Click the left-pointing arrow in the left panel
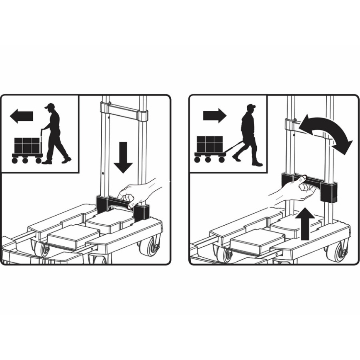pyautogui.click(x=21, y=116)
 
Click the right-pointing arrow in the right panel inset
pyautogui.click(x=214, y=115)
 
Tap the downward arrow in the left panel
pyautogui.click(x=123, y=157)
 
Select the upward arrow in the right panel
pyautogui.click(x=305, y=224)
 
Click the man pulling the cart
pyautogui.click(x=248, y=135)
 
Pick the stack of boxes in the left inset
pyautogui.click(x=28, y=145)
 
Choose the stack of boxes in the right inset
pyautogui.click(x=210, y=144)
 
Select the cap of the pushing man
pyautogui.click(x=50, y=106)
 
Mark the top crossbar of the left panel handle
pyautogui.click(x=124, y=109)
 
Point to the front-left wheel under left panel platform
pyautogui.click(x=42, y=249)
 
